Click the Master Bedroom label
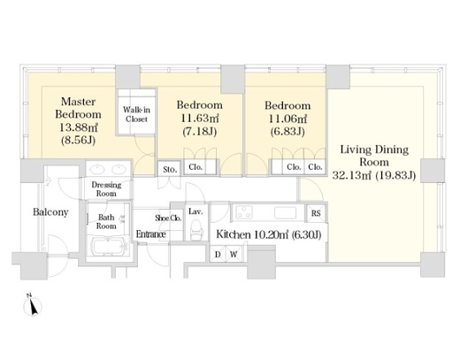click(78, 108)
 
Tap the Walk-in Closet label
click(136, 114)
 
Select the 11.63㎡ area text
click(200, 119)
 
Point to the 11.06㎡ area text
click(287, 119)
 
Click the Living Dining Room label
click(374, 156)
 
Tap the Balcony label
click(50, 212)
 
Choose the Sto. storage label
click(170, 170)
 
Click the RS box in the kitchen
click(316, 212)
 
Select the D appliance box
click(218, 254)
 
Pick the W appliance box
click(234, 254)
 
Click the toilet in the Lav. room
click(196, 230)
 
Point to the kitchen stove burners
click(244, 212)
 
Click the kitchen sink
click(285, 212)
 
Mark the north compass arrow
click(33, 306)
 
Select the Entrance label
click(150, 234)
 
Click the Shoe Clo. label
click(168, 218)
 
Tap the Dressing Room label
click(106, 189)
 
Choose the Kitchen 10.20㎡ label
click(269, 234)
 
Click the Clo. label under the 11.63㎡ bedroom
click(195, 167)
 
